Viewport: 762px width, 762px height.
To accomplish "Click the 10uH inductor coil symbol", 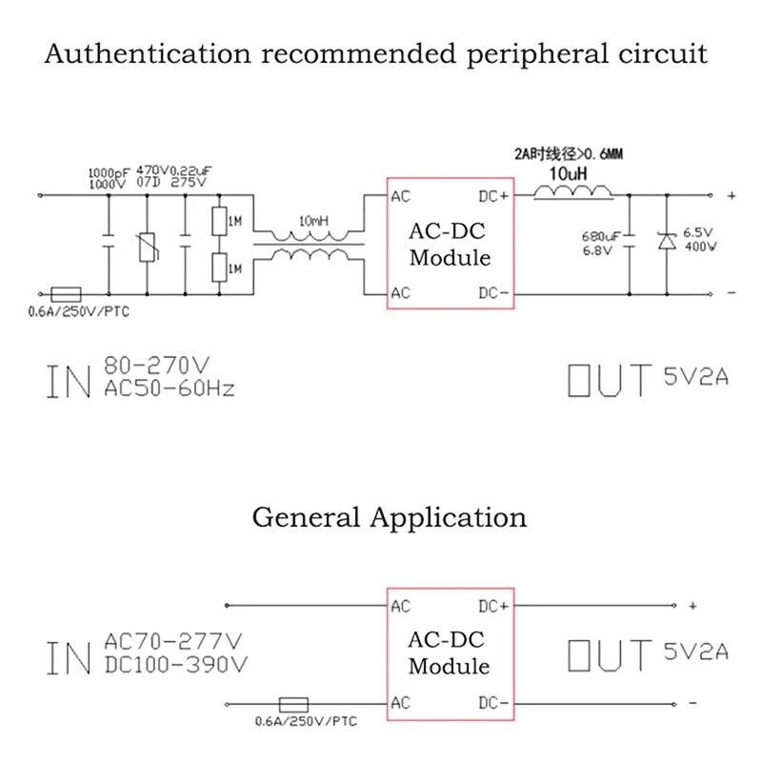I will point(573,192).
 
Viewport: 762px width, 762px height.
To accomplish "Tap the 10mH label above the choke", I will point(314,221).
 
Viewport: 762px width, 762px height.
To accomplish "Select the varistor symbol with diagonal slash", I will point(147,246).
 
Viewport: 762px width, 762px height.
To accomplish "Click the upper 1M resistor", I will point(218,222).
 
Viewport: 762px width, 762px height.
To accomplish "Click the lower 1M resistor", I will point(218,268).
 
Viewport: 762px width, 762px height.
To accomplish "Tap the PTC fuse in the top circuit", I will point(65,293).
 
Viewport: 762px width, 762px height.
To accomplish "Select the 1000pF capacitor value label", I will point(107,173).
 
